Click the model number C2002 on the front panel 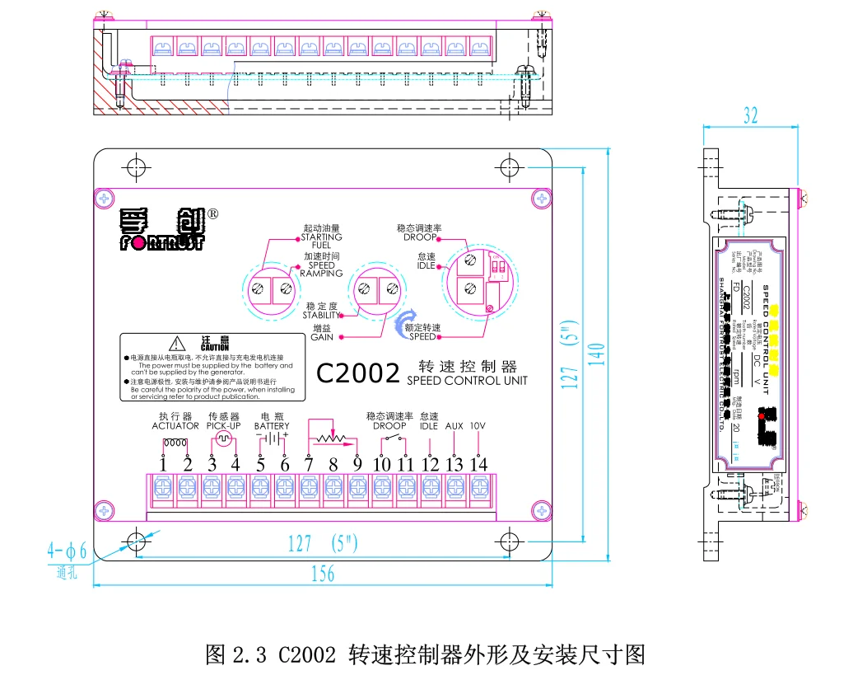tap(358, 373)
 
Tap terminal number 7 tap(308, 465)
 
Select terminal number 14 tap(478, 465)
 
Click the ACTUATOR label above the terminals tap(175, 426)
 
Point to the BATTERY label tap(272, 426)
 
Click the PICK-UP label tap(224, 426)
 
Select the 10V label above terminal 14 tap(478, 426)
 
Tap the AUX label tap(454, 426)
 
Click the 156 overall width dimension tap(323, 574)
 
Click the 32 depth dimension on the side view tap(749, 115)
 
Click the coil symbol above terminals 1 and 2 tap(175, 443)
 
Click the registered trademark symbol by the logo tap(212, 213)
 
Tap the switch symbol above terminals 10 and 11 tap(393, 438)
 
